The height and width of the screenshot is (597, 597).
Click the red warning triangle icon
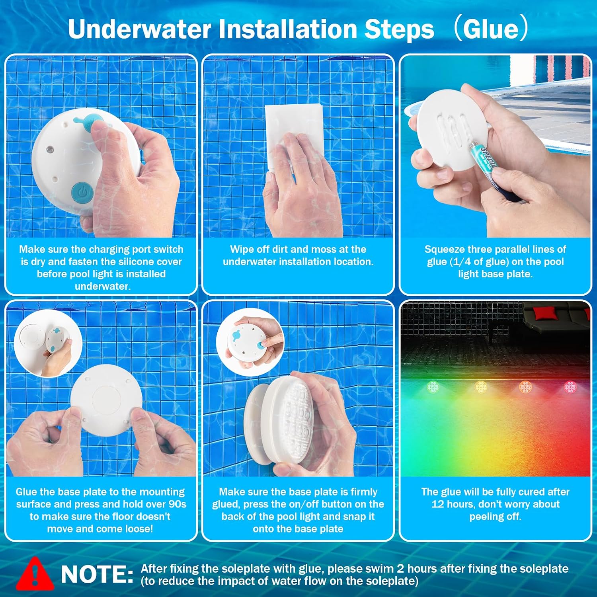[x=35, y=574]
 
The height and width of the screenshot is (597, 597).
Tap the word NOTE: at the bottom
[x=97, y=574]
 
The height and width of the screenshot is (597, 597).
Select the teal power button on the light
[x=82, y=193]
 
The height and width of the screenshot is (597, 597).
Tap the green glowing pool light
[x=433, y=386]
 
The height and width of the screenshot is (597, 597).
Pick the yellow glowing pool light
[x=481, y=386]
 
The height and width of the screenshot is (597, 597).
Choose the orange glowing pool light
[x=525, y=386]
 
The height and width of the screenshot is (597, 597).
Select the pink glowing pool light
[x=570, y=386]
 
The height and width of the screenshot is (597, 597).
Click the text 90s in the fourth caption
[x=177, y=504]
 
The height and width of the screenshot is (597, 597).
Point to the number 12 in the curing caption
[x=437, y=504]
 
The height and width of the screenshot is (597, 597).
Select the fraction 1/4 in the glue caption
[x=462, y=261]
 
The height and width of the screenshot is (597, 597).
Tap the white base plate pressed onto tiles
[x=106, y=400]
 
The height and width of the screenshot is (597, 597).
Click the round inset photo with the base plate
[x=48, y=343]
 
